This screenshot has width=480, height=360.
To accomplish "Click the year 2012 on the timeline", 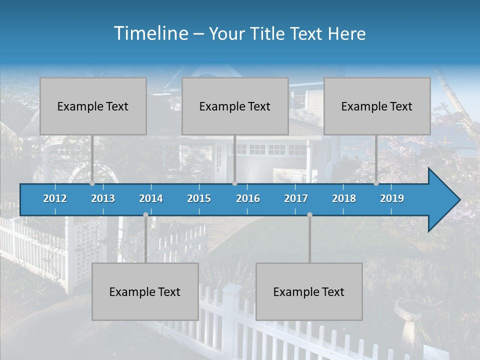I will (55, 198).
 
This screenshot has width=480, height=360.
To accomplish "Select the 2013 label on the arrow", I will (103, 198).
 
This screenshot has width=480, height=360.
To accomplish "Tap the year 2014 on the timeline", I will (151, 198).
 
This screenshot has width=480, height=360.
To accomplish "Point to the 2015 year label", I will (199, 198).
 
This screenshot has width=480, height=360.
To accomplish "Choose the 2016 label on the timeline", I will (248, 198).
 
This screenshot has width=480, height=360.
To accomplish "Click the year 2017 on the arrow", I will (296, 198).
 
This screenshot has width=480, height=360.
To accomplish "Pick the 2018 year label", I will (344, 198).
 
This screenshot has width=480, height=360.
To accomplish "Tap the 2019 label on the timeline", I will (392, 198).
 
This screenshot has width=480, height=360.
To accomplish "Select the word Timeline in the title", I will (150, 33).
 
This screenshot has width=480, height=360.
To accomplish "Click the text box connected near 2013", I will (93, 106).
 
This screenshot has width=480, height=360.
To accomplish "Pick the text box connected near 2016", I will (235, 106).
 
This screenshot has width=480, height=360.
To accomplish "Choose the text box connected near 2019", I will (377, 106).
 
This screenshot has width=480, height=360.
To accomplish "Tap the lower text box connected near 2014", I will (145, 291).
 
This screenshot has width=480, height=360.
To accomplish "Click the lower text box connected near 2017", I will (309, 291).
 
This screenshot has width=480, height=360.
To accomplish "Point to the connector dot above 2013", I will (92, 183).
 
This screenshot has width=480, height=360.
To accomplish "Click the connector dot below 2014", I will (145, 214).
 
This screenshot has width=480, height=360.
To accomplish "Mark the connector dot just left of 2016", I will (234, 183).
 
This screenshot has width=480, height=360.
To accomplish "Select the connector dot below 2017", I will (309, 214).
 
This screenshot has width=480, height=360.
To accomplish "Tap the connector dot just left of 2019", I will (376, 183).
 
